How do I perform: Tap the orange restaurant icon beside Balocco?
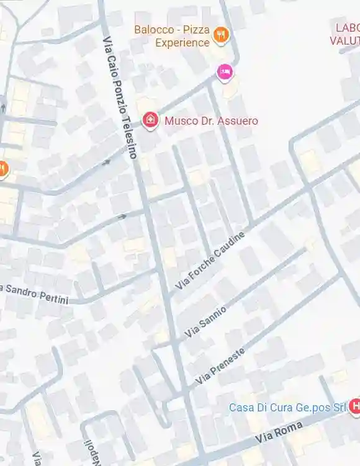pos(220,35)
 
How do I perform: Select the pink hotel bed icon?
pos(225,72)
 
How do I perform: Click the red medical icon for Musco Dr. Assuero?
pos(150,120)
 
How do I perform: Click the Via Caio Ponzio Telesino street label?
pos(119,97)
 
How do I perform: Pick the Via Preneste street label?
pos(220,365)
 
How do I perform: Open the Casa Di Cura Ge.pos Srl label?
pos(287,408)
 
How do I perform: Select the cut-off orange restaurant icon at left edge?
pos(2,168)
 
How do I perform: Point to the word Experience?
pos(182,43)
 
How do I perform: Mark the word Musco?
pos(178,120)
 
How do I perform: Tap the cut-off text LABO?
pos(347,27)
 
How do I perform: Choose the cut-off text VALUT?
pos(345,40)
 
